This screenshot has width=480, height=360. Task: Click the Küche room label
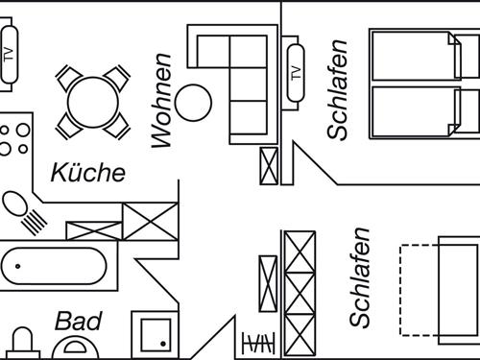coord(88,173)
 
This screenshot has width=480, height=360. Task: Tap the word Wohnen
coord(161,101)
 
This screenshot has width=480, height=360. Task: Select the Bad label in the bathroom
coord(79,322)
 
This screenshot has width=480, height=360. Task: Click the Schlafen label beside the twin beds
coord(337,90)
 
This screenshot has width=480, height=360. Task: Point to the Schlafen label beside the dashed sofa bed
coord(360,277)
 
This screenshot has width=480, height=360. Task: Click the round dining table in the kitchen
coord(93,103)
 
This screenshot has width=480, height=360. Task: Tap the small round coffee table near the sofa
coord(194,103)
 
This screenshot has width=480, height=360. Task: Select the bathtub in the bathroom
coord(55,266)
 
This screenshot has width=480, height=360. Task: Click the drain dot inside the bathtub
coord(18,266)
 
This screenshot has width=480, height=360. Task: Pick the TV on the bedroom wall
coord(296,73)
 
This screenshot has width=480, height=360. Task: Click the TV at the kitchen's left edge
coord(9,55)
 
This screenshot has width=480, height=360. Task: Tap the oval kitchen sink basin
coord(14,204)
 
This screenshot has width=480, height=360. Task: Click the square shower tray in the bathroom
coord(156,335)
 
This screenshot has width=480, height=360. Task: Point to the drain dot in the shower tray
coord(163,344)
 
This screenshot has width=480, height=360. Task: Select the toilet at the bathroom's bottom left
coord(23,343)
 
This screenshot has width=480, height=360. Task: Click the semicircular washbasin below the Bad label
coord(76,348)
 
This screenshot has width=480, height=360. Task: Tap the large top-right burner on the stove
coord(23,131)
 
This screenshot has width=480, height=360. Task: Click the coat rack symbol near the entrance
coord(258,343)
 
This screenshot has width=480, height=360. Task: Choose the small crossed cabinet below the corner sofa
coord(269,166)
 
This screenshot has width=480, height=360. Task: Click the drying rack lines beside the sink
coord(35,222)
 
